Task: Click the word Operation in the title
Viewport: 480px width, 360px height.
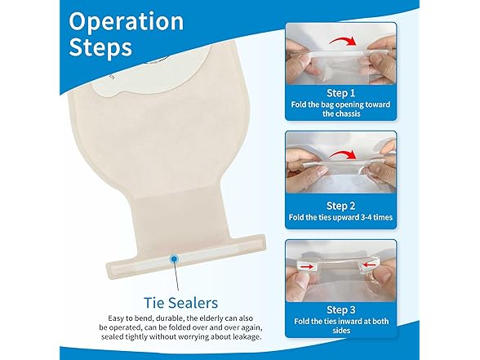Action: coord(126,23)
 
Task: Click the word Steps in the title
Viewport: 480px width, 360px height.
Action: coord(100,47)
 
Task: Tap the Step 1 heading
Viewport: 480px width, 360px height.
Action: coord(340,93)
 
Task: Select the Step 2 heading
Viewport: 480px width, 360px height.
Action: coord(340,206)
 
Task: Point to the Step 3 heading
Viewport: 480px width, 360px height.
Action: coord(341,310)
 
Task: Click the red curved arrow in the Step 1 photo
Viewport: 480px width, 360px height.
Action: coord(343,40)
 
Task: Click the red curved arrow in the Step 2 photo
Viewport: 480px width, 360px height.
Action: coord(342,154)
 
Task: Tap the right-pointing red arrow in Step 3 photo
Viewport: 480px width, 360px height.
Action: coord(307,267)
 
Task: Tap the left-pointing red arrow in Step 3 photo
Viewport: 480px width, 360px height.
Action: coord(369,264)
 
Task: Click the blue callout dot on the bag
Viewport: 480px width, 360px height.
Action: coord(174,259)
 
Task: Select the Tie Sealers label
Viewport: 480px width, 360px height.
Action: coord(180,303)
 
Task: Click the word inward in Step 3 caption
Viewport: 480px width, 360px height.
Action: coord(349,322)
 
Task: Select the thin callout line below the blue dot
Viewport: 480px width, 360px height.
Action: coord(176,277)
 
